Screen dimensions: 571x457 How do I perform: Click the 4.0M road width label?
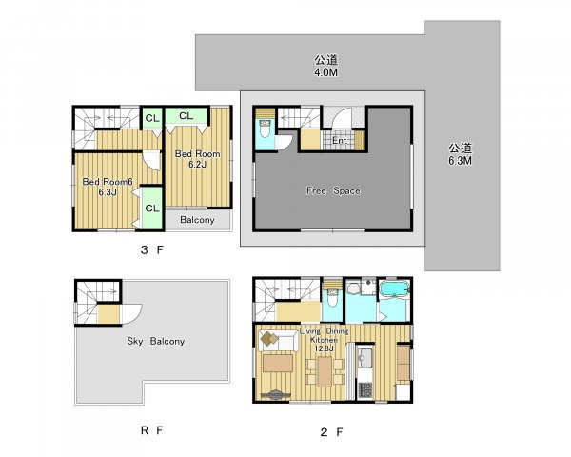pyautogui.click(x=325, y=72)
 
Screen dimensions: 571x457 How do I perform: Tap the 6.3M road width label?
pyautogui.click(x=460, y=160)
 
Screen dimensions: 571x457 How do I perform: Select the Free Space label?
pyautogui.click(x=333, y=190)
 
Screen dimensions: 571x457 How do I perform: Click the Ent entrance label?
pyautogui.click(x=340, y=140)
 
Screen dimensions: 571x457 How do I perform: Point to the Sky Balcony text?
pyautogui.click(x=156, y=341)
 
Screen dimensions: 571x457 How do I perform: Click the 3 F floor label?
pyautogui.click(x=152, y=250)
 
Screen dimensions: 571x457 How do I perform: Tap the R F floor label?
pyautogui.click(x=151, y=430)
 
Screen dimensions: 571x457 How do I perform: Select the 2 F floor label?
pyautogui.click(x=331, y=432)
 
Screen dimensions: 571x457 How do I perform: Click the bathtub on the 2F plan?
pyautogui.click(x=395, y=289)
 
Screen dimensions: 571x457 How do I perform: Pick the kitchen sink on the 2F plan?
pyautogui.click(x=364, y=358)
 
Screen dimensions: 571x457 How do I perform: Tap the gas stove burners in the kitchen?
pyautogui.click(x=364, y=390)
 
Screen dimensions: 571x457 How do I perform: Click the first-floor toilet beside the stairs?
pyautogui.click(x=265, y=129)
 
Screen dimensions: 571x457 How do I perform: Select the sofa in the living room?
pyautogui.click(x=279, y=342)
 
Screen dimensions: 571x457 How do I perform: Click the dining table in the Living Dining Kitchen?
pyautogui.click(x=325, y=371)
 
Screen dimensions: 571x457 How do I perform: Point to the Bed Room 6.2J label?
pyautogui.click(x=197, y=159)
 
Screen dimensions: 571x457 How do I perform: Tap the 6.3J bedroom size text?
pyautogui.click(x=108, y=192)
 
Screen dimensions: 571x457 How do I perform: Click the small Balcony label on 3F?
pyautogui.click(x=197, y=220)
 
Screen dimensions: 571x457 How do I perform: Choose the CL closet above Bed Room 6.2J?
pyautogui.click(x=187, y=116)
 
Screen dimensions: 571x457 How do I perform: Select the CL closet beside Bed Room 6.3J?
pyautogui.click(x=152, y=209)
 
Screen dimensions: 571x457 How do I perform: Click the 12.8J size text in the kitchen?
pyautogui.click(x=324, y=348)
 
